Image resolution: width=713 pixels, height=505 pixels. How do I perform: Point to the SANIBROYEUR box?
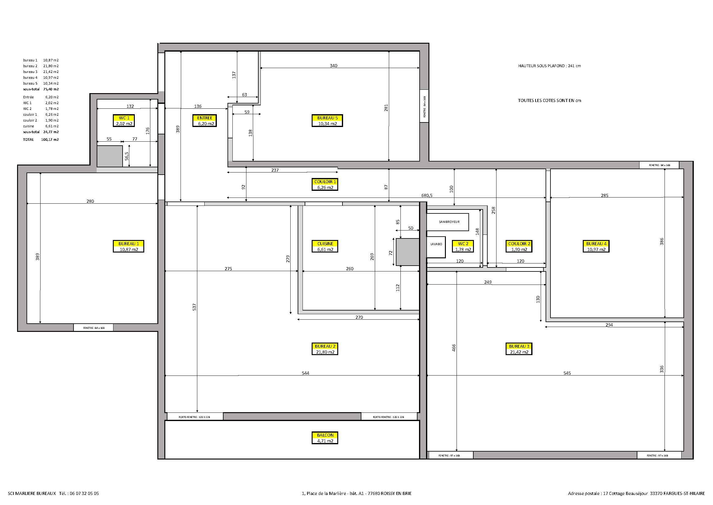(448, 222)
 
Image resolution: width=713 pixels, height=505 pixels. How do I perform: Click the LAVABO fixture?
(436, 245)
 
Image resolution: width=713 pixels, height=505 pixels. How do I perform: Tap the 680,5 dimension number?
(427, 196)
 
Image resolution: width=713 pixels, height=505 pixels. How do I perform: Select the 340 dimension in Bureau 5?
(334, 66)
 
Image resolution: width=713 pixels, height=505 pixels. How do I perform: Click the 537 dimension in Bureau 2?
(194, 307)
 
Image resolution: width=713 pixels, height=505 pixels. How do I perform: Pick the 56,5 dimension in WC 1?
(127, 156)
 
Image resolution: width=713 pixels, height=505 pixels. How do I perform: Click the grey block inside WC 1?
(110, 156)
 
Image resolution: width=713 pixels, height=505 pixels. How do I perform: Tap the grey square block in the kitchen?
(408, 252)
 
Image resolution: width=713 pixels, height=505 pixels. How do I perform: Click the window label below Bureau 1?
(94, 328)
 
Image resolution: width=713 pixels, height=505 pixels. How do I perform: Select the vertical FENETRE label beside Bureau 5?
(425, 106)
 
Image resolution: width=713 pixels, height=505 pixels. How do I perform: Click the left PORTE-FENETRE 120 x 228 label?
(195, 417)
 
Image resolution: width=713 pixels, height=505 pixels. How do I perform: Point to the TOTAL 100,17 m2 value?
(50, 140)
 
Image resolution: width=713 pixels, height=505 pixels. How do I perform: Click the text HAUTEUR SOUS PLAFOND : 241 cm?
(549, 66)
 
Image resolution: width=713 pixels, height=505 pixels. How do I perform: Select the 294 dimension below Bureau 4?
(609, 325)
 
